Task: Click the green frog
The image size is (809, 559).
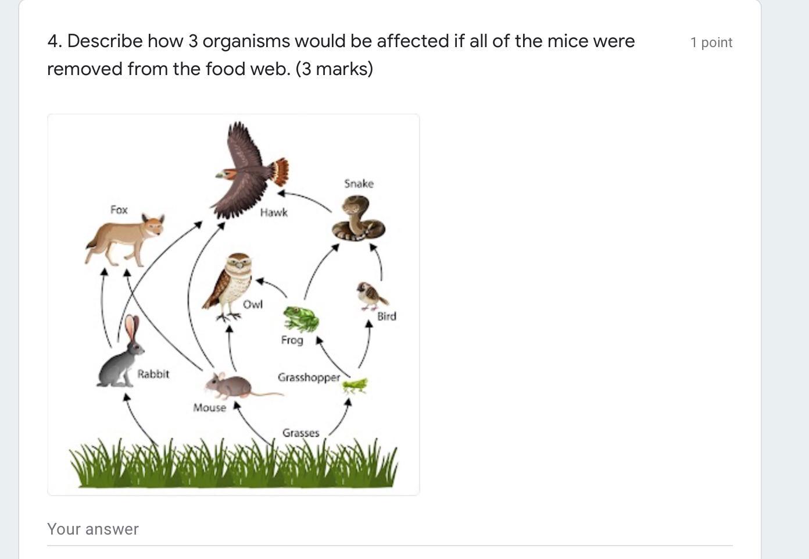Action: [x=301, y=319]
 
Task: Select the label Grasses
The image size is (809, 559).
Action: [x=301, y=433]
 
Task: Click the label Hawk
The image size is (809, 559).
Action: [x=274, y=212]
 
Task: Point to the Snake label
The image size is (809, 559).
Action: [x=359, y=184]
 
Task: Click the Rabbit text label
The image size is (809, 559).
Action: [x=153, y=374]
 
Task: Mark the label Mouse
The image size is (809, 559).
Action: [x=209, y=408]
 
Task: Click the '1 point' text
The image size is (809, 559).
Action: [x=711, y=42]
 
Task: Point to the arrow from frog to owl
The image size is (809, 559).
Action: [x=271, y=286]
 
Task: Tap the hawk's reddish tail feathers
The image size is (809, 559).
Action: [x=281, y=172]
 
